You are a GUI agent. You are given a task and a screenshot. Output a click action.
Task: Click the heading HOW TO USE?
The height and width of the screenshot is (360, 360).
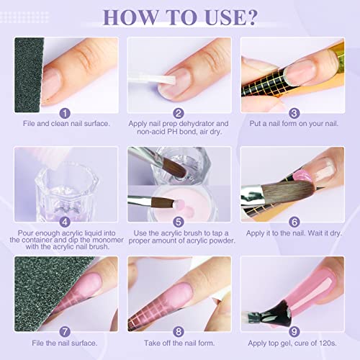pyautogui.click(x=179, y=16)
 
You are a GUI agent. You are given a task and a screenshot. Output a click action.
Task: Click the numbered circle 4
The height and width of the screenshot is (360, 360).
pyautogui.click(x=66, y=222)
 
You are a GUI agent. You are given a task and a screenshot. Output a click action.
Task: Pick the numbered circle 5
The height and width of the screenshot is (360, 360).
pyautogui.click(x=179, y=222)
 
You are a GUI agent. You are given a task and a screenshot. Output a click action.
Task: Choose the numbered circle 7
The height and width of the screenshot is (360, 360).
pyautogui.click(x=66, y=332)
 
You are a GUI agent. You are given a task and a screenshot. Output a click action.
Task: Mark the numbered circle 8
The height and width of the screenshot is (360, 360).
pyautogui.click(x=179, y=332)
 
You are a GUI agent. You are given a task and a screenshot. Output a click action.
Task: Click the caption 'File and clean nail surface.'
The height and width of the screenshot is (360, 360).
pyautogui.click(x=66, y=124)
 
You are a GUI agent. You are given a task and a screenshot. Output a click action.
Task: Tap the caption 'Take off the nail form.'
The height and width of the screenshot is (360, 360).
pyautogui.click(x=179, y=344)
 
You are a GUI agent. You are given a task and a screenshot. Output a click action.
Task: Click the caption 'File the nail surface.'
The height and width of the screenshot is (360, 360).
pyautogui.click(x=66, y=344)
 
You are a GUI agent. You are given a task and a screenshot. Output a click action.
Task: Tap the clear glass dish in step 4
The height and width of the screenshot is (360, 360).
pyautogui.click(x=61, y=191)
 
